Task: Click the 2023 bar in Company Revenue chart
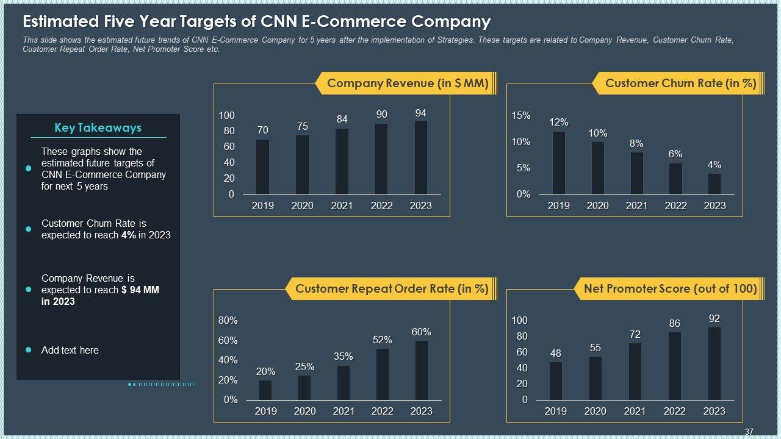[421, 158]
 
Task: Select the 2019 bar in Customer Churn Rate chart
[559, 163]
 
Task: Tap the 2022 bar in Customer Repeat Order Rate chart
[383, 374]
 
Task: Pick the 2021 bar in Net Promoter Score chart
[635, 371]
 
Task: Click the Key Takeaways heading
[98, 128]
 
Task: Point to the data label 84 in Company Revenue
[342, 120]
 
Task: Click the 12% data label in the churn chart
[559, 122]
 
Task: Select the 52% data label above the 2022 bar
[382, 340]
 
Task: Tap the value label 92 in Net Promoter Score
[714, 318]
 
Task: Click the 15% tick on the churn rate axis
[521, 116]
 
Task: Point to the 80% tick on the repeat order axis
[228, 321]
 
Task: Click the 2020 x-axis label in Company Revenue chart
[302, 205]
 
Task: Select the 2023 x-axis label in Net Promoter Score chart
[714, 411]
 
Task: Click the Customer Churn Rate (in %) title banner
[680, 84]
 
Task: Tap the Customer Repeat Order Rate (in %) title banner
[392, 289]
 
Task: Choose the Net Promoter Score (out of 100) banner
[670, 289]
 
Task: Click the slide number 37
[749, 432]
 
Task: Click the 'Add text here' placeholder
[70, 350]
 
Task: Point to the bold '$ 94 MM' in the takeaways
[140, 290]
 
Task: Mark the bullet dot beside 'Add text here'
[28, 350]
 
